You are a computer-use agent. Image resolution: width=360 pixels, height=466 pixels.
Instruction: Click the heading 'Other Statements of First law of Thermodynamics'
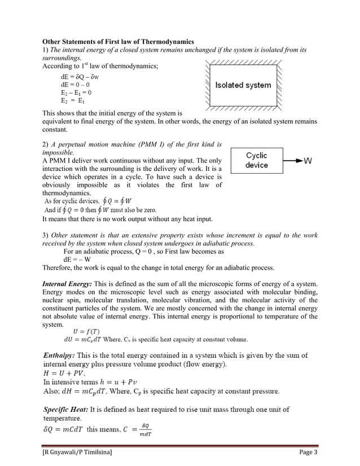pos(118,42)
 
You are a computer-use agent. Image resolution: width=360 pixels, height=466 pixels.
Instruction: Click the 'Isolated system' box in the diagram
pos(243,85)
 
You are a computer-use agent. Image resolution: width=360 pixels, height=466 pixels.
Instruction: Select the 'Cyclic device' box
pos(256,160)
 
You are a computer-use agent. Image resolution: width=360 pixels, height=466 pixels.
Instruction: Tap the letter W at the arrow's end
pos(308,161)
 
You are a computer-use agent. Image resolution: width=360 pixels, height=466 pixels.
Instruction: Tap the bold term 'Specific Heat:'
pos(68,409)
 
